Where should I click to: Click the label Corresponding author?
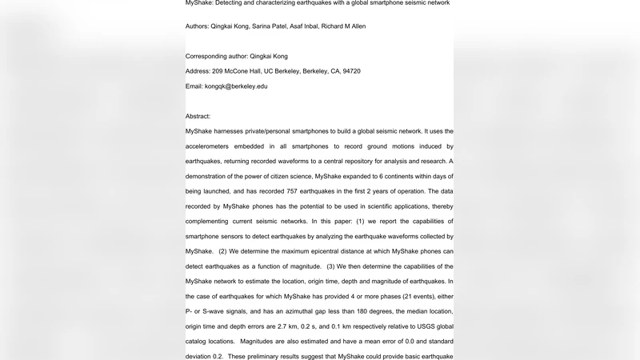pos(216,56)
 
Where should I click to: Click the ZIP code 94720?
pos(351,71)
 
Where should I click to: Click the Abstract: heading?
pos(198,117)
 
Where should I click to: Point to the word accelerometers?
pos(217,146)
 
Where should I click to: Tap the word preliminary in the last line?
pos(266,356)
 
